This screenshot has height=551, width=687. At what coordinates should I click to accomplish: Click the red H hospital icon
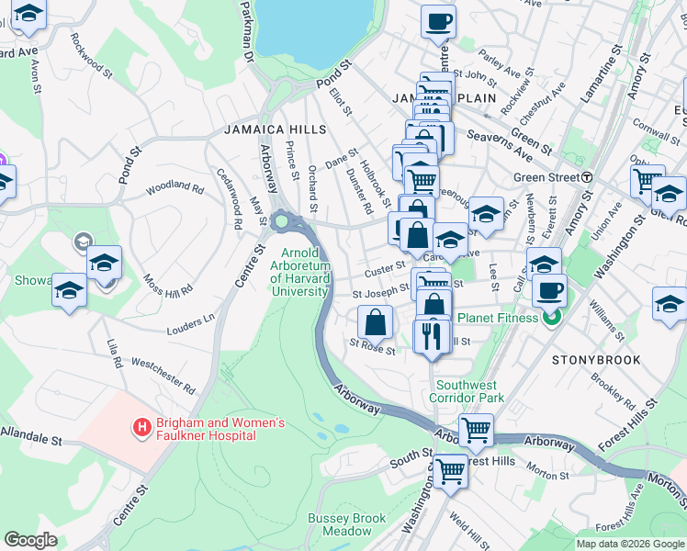[x=141, y=427]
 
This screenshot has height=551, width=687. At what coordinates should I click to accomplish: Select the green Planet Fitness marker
[x=550, y=319]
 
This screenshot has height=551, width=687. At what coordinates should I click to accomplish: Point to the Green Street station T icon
[x=586, y=176]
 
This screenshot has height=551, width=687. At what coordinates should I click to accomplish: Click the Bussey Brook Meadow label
[x=346, y=524]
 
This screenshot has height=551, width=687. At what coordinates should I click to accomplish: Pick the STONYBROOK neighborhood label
[x=597, y=360]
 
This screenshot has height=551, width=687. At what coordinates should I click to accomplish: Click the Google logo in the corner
[x=31, y=539]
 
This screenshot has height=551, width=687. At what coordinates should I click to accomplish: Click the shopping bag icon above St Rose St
[x=375, y=322]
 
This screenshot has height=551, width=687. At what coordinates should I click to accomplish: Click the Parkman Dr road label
[x=245, y=37]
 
